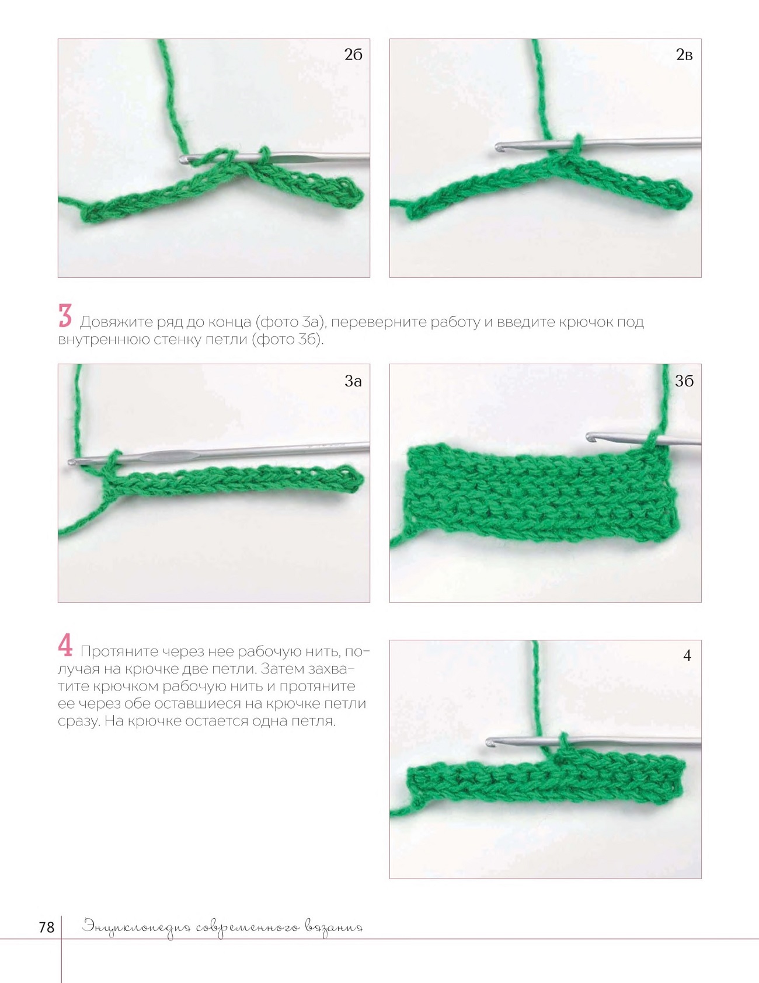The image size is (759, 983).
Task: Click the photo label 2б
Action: point(353,54)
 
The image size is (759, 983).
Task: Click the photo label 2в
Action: point(684,54)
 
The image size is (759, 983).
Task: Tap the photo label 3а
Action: point(353,381)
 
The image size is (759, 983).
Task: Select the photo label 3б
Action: point(684,381)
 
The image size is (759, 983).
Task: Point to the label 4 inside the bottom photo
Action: point(687,656)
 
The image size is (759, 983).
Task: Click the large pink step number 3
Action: point(65,316)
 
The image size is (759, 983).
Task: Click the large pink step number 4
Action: point(65,645)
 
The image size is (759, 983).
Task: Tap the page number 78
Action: point(47,927)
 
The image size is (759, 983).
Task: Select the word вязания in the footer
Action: point(334,928)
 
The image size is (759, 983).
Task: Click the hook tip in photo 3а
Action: point(72,461)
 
